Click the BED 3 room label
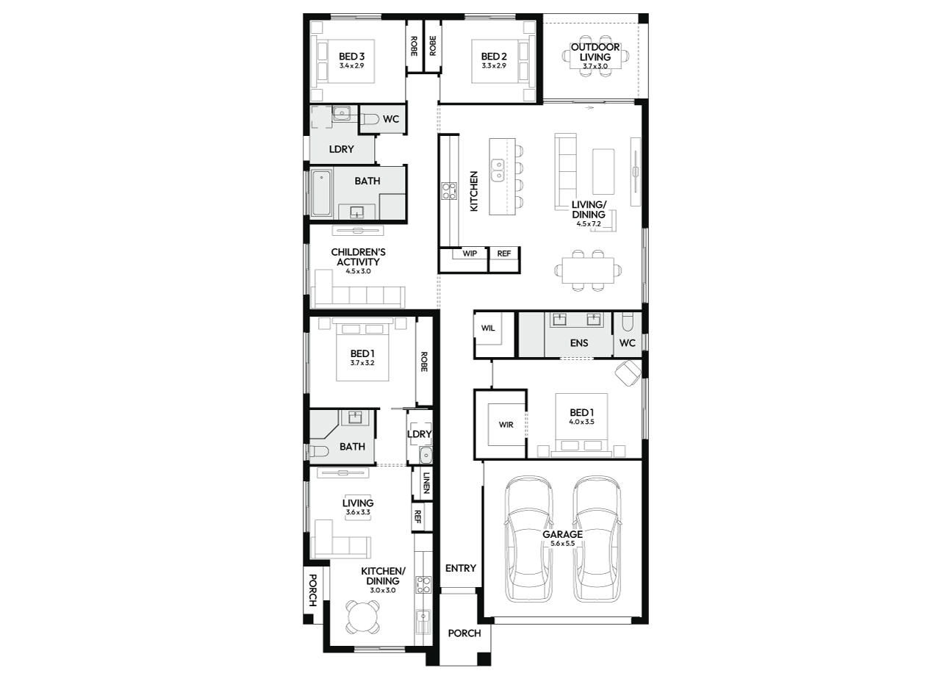(x=351, y=56)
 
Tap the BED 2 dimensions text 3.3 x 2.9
(x=494, y=65)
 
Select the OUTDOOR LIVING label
(x=595, y=52)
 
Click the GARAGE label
(x=562, y=534)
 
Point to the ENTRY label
(x=461, y=568)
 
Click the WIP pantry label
(x=470, y=253)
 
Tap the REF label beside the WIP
(x=504, y=253)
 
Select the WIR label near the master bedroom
(x=506, y=425)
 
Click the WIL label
(x=488, y=328)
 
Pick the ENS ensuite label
(x=579, y=342)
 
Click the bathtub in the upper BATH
(x=322, y=193)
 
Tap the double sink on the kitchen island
(x=497, y=170)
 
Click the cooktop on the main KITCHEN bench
(x=449, y=191)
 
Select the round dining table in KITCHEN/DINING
(x=362, y=617)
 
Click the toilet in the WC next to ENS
(x=627, y=322)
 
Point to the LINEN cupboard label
(x=426, y=483)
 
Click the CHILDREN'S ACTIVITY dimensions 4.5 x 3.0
(x=358, y=271)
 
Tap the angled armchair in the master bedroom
(x=628, y=373)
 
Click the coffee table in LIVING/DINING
(x=603, y=171)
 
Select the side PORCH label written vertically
(x=313, y=590)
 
